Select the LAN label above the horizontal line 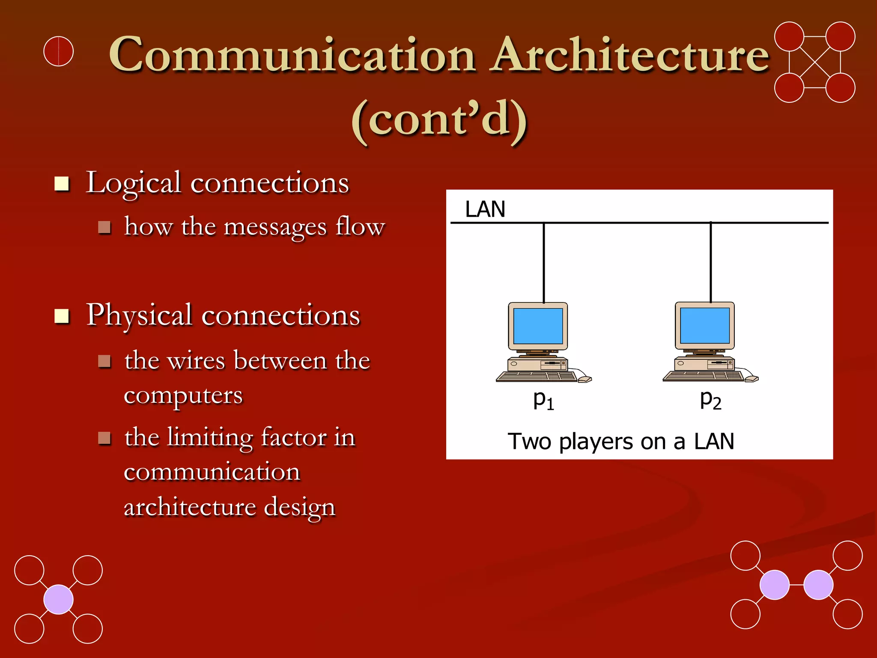tap(485, 209)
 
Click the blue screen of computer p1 tap(538, 326)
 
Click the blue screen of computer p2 tap(704, 325)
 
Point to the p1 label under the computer tap(543, 400)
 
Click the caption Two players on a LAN tap(620, 441)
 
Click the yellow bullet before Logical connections tap(62, 184)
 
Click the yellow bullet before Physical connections tap(62, 316)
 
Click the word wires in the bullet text tap(196, 361)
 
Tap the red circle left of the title tap(59, 51)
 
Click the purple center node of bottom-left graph tap(59, 599)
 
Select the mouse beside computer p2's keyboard tap(752, 379)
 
